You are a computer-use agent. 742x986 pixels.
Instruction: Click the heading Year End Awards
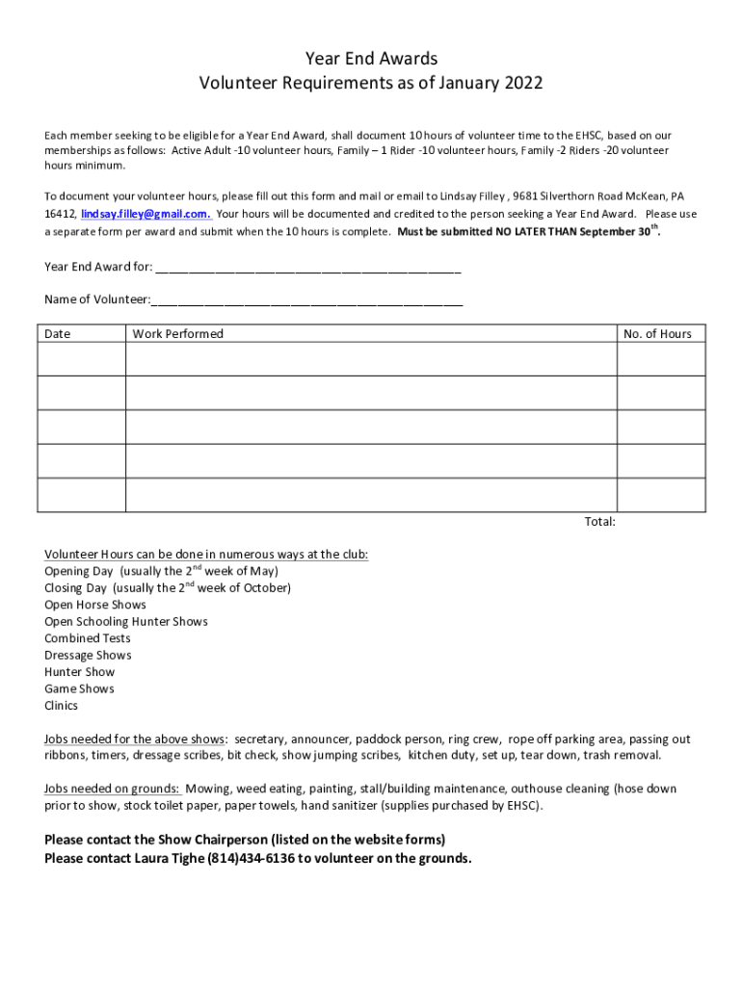[x=371, y=60]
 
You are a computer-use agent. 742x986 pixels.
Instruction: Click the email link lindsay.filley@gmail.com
[x=146, y=214]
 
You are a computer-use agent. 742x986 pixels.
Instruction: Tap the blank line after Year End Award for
[x=307, y=267]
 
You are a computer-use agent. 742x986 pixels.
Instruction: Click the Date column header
[x=58, y=334]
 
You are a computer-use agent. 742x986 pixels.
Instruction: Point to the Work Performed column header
[x=177, y=334]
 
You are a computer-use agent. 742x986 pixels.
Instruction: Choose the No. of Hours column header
[x=657, y=334]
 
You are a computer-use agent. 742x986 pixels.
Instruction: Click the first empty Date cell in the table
[x=81, y=359]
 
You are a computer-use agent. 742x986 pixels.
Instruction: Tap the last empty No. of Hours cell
[x=661, y=495]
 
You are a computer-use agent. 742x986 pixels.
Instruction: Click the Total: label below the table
[x=599, y=522]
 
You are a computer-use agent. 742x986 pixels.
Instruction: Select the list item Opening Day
[x=76, y=571]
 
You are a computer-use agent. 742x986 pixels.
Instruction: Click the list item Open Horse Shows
[x=95, y=605]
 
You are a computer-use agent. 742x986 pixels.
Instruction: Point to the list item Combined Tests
[x=88, y=638]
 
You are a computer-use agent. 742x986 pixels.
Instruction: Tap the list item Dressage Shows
[x=88, y=656]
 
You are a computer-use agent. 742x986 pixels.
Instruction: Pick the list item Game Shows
[x=79, y=689]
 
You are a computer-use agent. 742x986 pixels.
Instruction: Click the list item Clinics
[x=62, y=706]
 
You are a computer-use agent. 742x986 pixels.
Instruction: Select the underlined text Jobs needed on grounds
[x=112, y=789]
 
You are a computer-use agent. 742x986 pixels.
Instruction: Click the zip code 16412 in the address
[x=59, y=214]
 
